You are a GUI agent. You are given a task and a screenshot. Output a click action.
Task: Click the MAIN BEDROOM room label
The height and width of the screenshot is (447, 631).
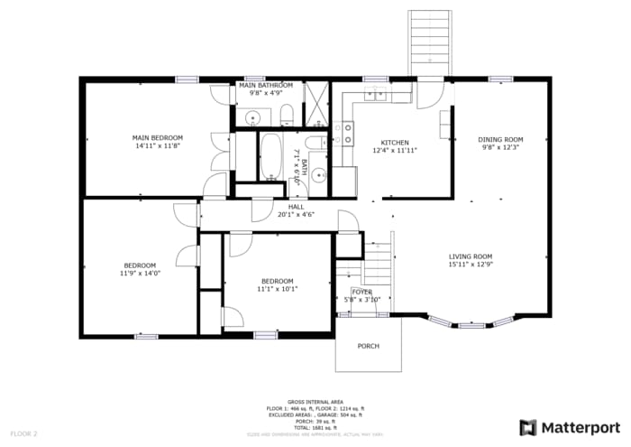pos(159,137)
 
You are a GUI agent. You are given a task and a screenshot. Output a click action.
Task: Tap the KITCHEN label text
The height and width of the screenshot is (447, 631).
pos(394,143)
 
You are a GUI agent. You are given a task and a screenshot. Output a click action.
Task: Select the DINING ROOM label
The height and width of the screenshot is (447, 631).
pos(500,139)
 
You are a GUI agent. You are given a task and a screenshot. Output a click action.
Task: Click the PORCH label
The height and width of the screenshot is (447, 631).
pos(368,346)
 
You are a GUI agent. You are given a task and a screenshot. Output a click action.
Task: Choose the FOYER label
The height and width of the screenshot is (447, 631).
pos(361,293)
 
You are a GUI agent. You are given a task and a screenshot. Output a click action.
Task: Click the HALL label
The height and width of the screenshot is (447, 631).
pos(270,207)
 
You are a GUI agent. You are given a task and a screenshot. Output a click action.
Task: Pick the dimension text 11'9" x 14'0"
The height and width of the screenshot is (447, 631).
pos(140,273)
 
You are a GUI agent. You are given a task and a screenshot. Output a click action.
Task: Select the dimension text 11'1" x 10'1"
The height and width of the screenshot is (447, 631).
pos(277,289)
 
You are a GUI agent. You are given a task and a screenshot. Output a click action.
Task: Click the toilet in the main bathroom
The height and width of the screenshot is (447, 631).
pos(287,114)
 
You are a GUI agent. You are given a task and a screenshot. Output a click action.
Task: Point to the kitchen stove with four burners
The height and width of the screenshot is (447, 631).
pos(343,135)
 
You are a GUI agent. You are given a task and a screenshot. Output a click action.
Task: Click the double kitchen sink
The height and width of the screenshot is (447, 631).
pos(374,95)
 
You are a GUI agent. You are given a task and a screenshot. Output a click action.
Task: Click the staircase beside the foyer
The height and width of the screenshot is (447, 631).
pos(378,262)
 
